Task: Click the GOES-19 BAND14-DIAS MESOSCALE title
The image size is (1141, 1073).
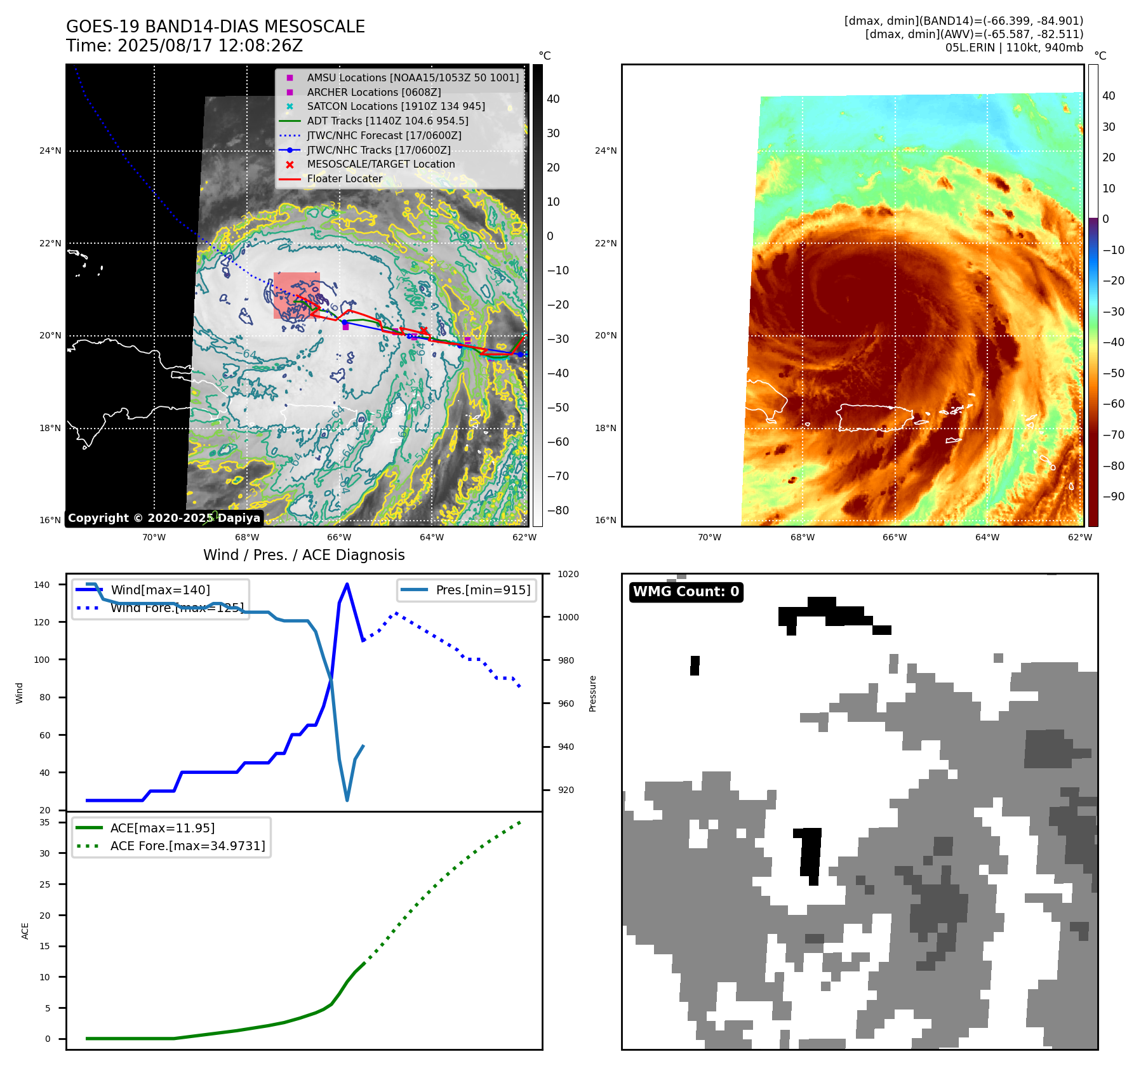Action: coord(215,27)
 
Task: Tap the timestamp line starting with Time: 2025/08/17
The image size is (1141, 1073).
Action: coord(184,46)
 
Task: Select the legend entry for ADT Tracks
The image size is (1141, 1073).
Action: coord(387,121)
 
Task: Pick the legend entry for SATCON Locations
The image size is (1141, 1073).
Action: coord(396,106)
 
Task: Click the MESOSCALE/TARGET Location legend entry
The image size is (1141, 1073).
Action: coord(381,164)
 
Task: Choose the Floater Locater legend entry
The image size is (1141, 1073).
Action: coord(345,178)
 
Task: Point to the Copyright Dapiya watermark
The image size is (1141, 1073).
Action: coord(164,518)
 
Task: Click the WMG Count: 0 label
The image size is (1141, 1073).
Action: coord(686,592)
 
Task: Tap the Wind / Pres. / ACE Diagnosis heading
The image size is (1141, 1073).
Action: coord(304,555)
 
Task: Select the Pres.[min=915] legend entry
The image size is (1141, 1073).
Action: coord(483,590)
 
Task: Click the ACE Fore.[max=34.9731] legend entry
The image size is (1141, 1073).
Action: coord(187,846)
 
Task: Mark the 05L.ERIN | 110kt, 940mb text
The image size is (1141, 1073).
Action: coord(1014,48)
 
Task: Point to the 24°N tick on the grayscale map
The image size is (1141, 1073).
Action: coord(50,151)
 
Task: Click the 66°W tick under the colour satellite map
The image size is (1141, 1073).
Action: coord(894,537)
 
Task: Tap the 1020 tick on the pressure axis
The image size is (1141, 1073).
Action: coord(568,574)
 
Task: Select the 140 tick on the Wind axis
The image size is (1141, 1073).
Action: coord(41,585)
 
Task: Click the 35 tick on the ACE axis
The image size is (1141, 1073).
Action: coord(44,822)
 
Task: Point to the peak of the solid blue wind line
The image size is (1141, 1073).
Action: coord(347,584)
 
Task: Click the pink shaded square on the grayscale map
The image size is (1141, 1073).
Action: coord(297,295)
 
